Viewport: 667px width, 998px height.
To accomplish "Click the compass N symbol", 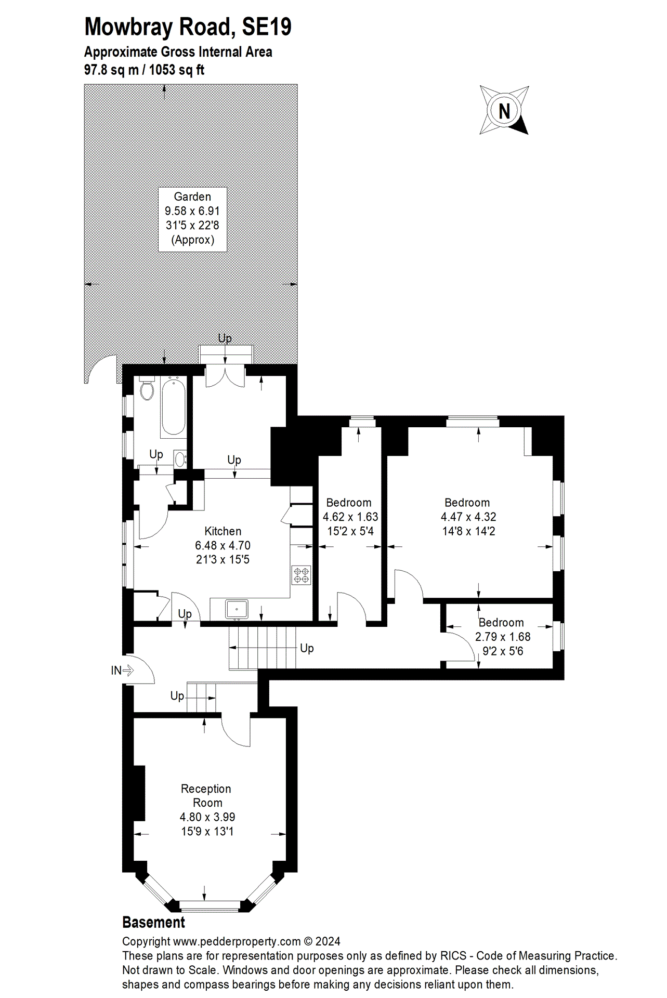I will point(504,111).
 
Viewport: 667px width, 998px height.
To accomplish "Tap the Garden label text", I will point(192,197).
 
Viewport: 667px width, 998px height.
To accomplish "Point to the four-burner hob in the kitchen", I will point(301,575).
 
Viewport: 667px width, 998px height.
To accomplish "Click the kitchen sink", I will point(237,609).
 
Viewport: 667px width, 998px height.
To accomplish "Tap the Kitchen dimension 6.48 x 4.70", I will point(223,546).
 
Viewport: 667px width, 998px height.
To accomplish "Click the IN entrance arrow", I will point(123,671).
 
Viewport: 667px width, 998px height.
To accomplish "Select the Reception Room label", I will point(206,796).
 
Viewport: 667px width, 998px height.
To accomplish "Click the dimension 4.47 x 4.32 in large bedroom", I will point(468,517).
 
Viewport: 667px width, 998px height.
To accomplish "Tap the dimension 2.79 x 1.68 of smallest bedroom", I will point(503,637).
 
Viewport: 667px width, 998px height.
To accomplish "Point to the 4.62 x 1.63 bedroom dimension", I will point(350,517).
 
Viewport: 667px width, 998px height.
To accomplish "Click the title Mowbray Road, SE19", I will point(188,27).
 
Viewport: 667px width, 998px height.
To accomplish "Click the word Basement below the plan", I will point(153,923).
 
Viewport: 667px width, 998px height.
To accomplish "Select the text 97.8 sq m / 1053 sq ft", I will point(144,70).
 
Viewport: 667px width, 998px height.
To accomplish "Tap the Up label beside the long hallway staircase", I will point(307,648).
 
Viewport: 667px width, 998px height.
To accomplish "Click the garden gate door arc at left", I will point(101,370).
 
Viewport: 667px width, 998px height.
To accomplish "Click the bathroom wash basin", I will point(180,459).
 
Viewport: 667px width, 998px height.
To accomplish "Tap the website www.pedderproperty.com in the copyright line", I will point(237,941).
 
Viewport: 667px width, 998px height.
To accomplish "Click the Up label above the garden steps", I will point(225,338).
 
